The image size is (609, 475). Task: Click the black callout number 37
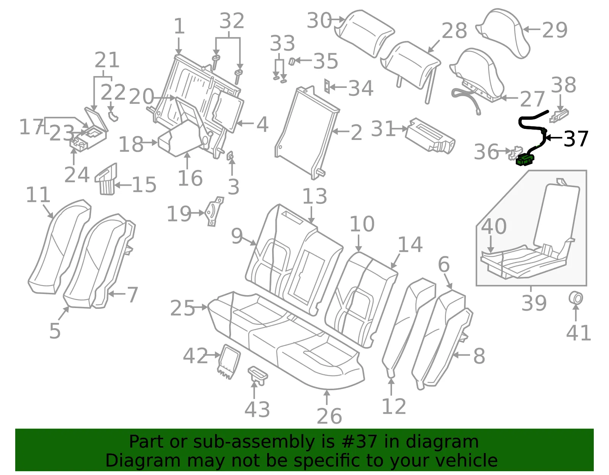[x=576, y=139]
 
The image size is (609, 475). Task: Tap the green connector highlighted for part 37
[x=525, y=160]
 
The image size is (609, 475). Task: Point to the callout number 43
[x=257, y=410]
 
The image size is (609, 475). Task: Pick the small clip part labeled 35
[x=292, y=61]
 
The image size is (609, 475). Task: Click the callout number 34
[x=361, y=88]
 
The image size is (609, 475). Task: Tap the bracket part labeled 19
[x=214, y=211]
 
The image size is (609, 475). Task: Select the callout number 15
[x=144, y=185]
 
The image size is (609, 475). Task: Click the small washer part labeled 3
[x=230, y=156]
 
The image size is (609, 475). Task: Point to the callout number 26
[x=329, y=416]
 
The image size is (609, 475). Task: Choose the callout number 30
[x=319, y=20]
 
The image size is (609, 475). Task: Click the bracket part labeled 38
[x=559, y=116]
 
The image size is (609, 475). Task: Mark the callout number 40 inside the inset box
[x=494, y=226]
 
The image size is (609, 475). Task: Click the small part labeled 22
[x=113, y=116]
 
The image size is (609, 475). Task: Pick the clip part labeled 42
[x=229, y=362]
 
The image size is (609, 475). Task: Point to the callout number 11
[x=38, y=195]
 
